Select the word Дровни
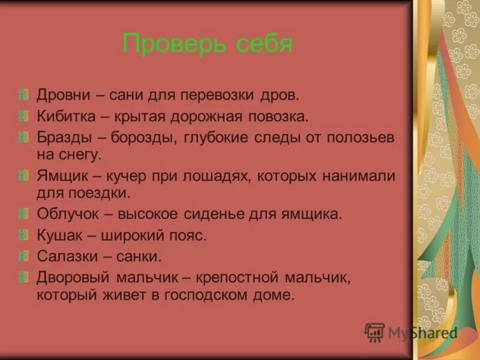pos(63,95)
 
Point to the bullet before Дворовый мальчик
pos(23,277)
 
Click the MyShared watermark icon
pos(374,332)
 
